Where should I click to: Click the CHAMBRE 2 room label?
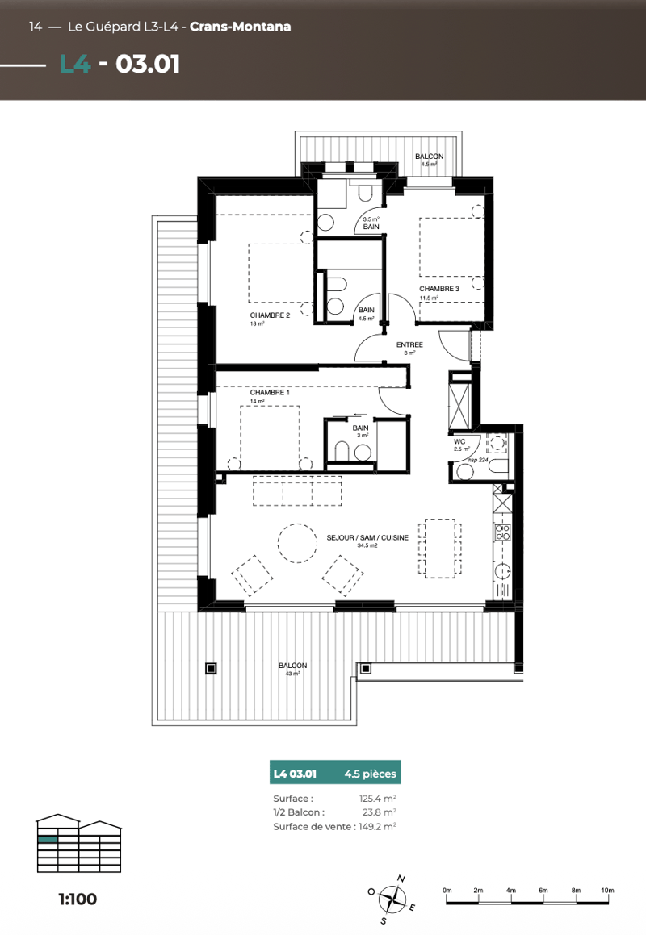[x=270, y=315]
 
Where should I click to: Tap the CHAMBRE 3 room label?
[x=438, y=289]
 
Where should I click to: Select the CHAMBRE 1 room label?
[x=270, y=393]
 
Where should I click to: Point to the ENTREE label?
[x=409, y=345]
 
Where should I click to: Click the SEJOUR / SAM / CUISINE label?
[x=367, y=538]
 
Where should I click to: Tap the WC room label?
[x=459, y=442]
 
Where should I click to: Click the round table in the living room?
[x=296, y=543]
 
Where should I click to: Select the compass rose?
[x=392, y=900]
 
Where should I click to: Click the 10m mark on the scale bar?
[x=607, y=891]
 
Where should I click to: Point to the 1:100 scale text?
[x=78, y=900]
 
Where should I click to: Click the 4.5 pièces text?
[x=370, y=774]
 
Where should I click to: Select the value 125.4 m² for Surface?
[x=377, y=799]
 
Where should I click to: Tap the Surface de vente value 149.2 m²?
[x=377, y=826]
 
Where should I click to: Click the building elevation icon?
[x=79, y=843]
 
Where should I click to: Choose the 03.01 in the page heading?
[x=148, y=65]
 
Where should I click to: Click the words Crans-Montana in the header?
[x=240, y=27]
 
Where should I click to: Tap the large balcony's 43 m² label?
[x=292, y=674]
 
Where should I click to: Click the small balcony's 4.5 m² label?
[x=430, y=164]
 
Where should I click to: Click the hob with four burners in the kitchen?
[x=503, y=532]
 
